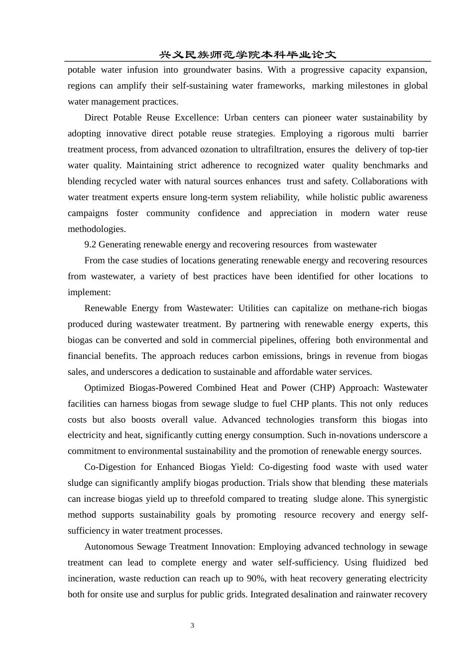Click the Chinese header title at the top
247,55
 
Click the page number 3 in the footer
192,626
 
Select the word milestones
364,86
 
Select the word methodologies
96,229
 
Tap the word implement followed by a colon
89,292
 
